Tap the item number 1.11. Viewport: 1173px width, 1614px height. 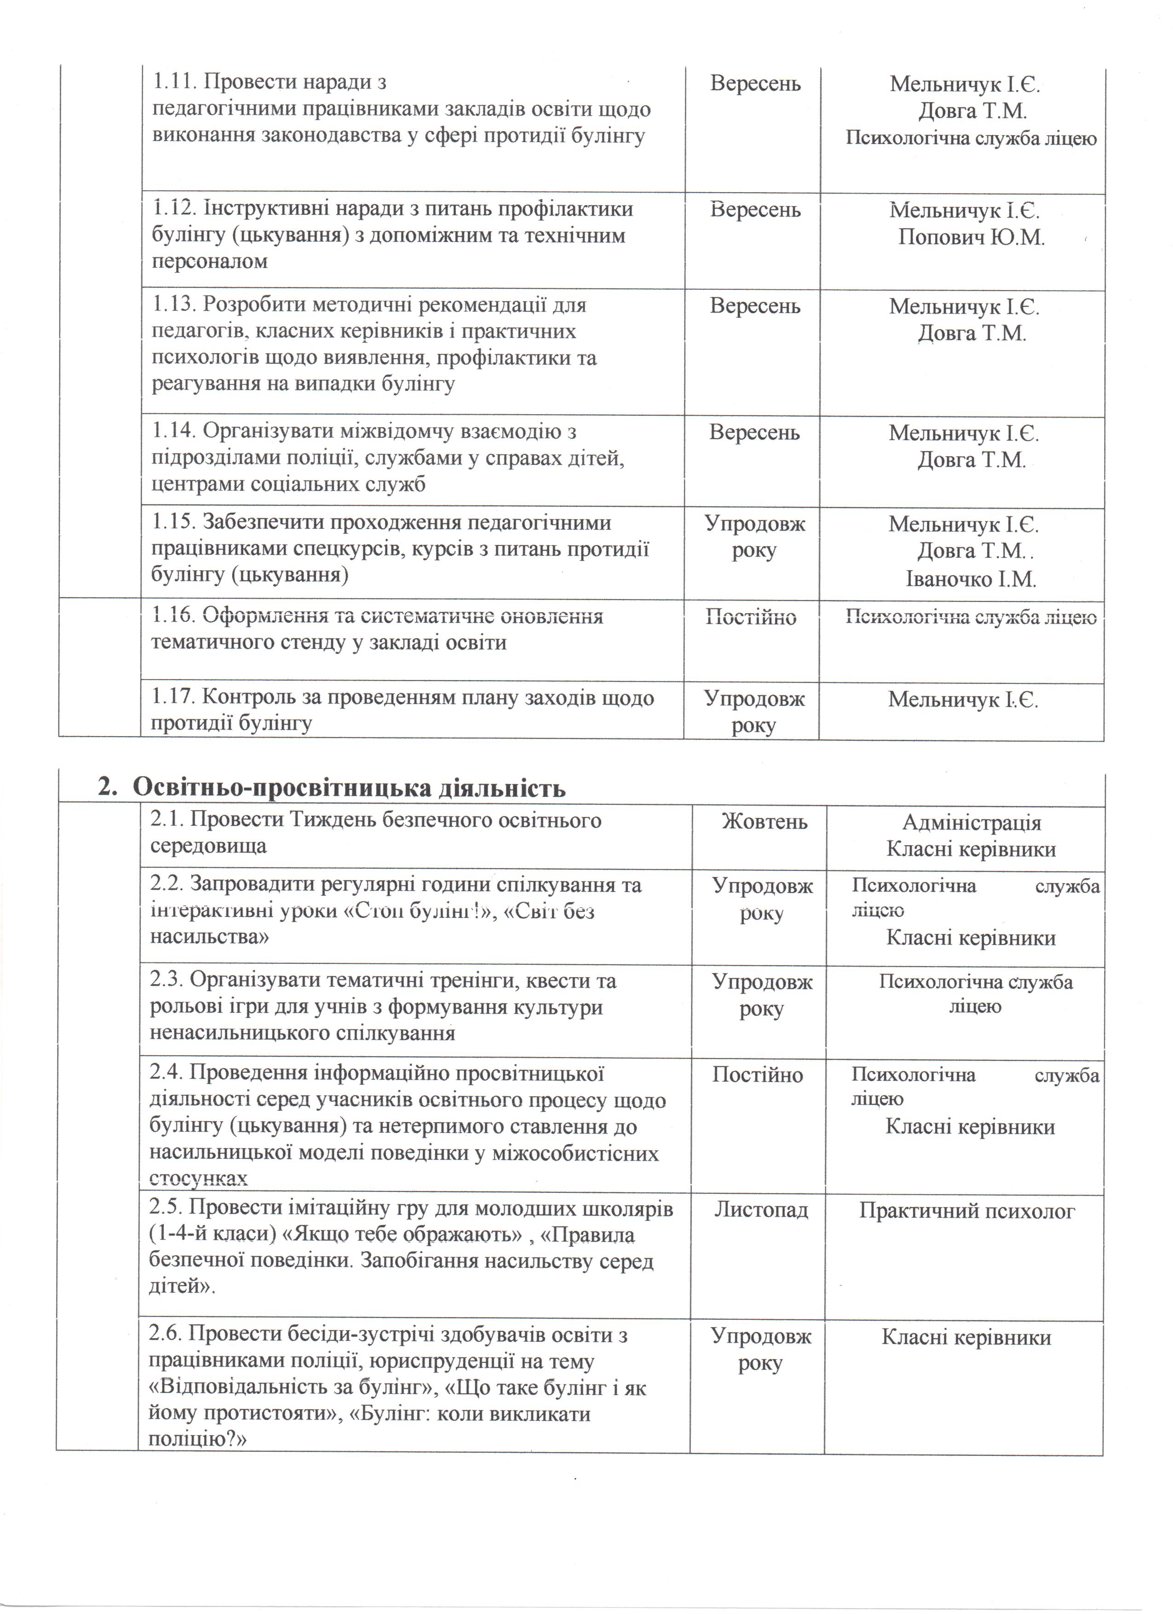[174, 83]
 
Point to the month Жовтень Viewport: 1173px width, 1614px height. [765, 822]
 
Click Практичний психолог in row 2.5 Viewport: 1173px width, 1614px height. [966, 1210]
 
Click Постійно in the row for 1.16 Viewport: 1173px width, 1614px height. [751, 617]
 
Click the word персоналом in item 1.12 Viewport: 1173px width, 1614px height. [209, 261]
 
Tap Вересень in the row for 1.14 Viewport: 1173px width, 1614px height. [754, 433]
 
